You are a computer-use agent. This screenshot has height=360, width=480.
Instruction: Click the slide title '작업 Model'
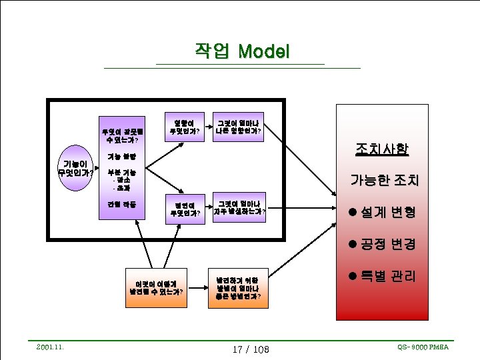tap(241, 51)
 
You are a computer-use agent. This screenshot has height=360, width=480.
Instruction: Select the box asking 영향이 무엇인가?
tap(184, 127)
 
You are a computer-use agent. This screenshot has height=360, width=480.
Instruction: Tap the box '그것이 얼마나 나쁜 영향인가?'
tap(238, 127)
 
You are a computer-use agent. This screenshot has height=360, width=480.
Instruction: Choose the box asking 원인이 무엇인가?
tap(185, 209)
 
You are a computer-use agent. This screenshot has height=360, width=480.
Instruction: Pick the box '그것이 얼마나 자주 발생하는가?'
tap(239, 209)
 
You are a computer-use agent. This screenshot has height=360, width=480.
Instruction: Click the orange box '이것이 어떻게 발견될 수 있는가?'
tap(157, 287)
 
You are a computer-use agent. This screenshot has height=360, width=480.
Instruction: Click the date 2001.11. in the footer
tap(50, 346)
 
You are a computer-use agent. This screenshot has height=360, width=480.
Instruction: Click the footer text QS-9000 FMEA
tap(423, 347)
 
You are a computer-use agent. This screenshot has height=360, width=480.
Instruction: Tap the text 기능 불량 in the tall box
tap(122, 157)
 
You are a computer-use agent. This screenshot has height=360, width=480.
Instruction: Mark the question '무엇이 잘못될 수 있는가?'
tap(121, 136)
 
